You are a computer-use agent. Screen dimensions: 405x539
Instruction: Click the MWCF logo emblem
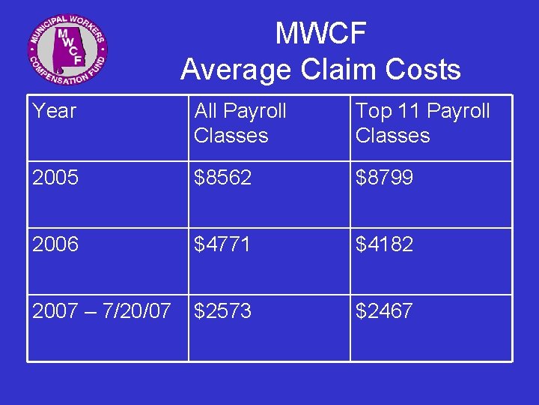coord(68,50)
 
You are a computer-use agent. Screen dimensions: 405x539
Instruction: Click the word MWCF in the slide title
coord(320,34)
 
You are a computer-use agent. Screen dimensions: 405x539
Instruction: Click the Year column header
coord(55,111)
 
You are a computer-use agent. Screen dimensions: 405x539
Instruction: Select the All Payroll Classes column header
coord(240,123)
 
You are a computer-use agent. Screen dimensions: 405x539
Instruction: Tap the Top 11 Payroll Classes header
coord(422,123)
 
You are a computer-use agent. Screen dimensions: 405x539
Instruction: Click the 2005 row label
coord(55,178)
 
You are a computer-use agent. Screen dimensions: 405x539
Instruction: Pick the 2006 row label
coord(55,244)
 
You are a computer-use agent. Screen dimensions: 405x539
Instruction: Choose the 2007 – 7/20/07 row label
coord(102,310)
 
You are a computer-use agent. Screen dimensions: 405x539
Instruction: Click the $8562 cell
coord(222,178)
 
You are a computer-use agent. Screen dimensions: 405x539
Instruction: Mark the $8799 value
coord(384,178)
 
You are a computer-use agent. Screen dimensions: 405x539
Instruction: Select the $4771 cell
coord(222,244)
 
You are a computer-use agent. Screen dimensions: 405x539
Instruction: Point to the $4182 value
coord(384,244)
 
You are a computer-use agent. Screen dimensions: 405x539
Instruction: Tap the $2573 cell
coord(222,310)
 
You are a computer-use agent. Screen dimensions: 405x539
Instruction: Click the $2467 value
coord(384,310)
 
